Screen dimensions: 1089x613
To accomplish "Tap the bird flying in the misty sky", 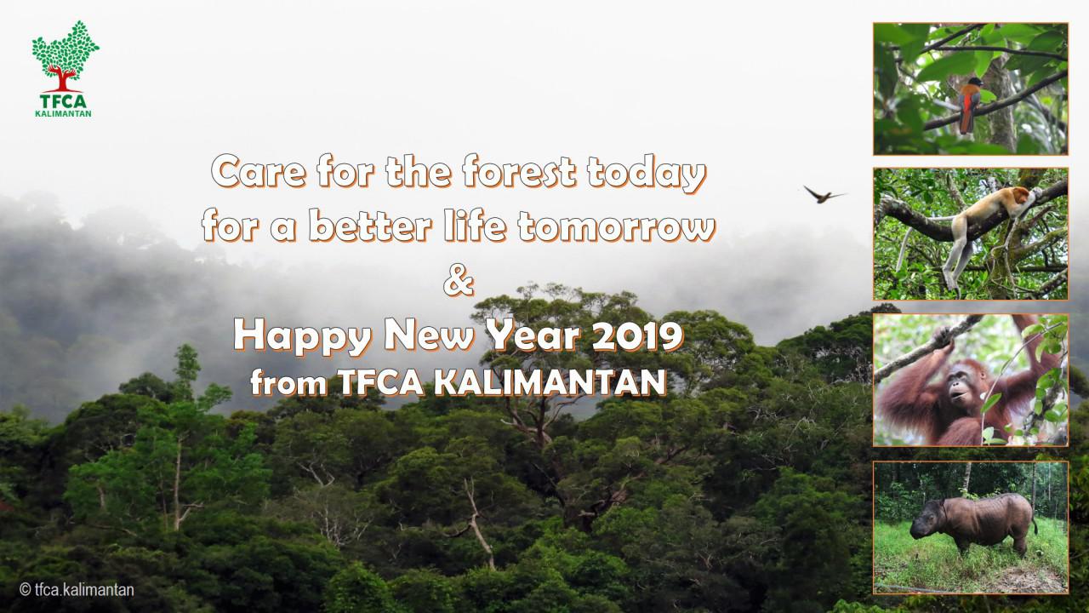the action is click(x=823, y=195).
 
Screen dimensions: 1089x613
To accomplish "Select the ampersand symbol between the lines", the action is click(x=458, y=282).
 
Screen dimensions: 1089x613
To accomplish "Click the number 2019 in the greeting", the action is click(x=637, y=335).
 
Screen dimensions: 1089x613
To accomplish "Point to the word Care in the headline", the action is click(x=259, y=171).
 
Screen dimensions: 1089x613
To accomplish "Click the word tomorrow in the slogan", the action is click(x=616, y=226).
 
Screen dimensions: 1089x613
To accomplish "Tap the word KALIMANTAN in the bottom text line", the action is click(x=550, y=382).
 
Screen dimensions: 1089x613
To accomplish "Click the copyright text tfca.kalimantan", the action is click(x=77, y=590).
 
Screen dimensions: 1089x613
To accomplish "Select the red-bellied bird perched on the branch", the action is click(x=969, y=105).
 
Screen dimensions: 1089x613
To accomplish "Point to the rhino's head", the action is click(x=927, y=523).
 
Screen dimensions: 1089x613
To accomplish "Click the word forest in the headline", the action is click(x=519, y=171).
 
